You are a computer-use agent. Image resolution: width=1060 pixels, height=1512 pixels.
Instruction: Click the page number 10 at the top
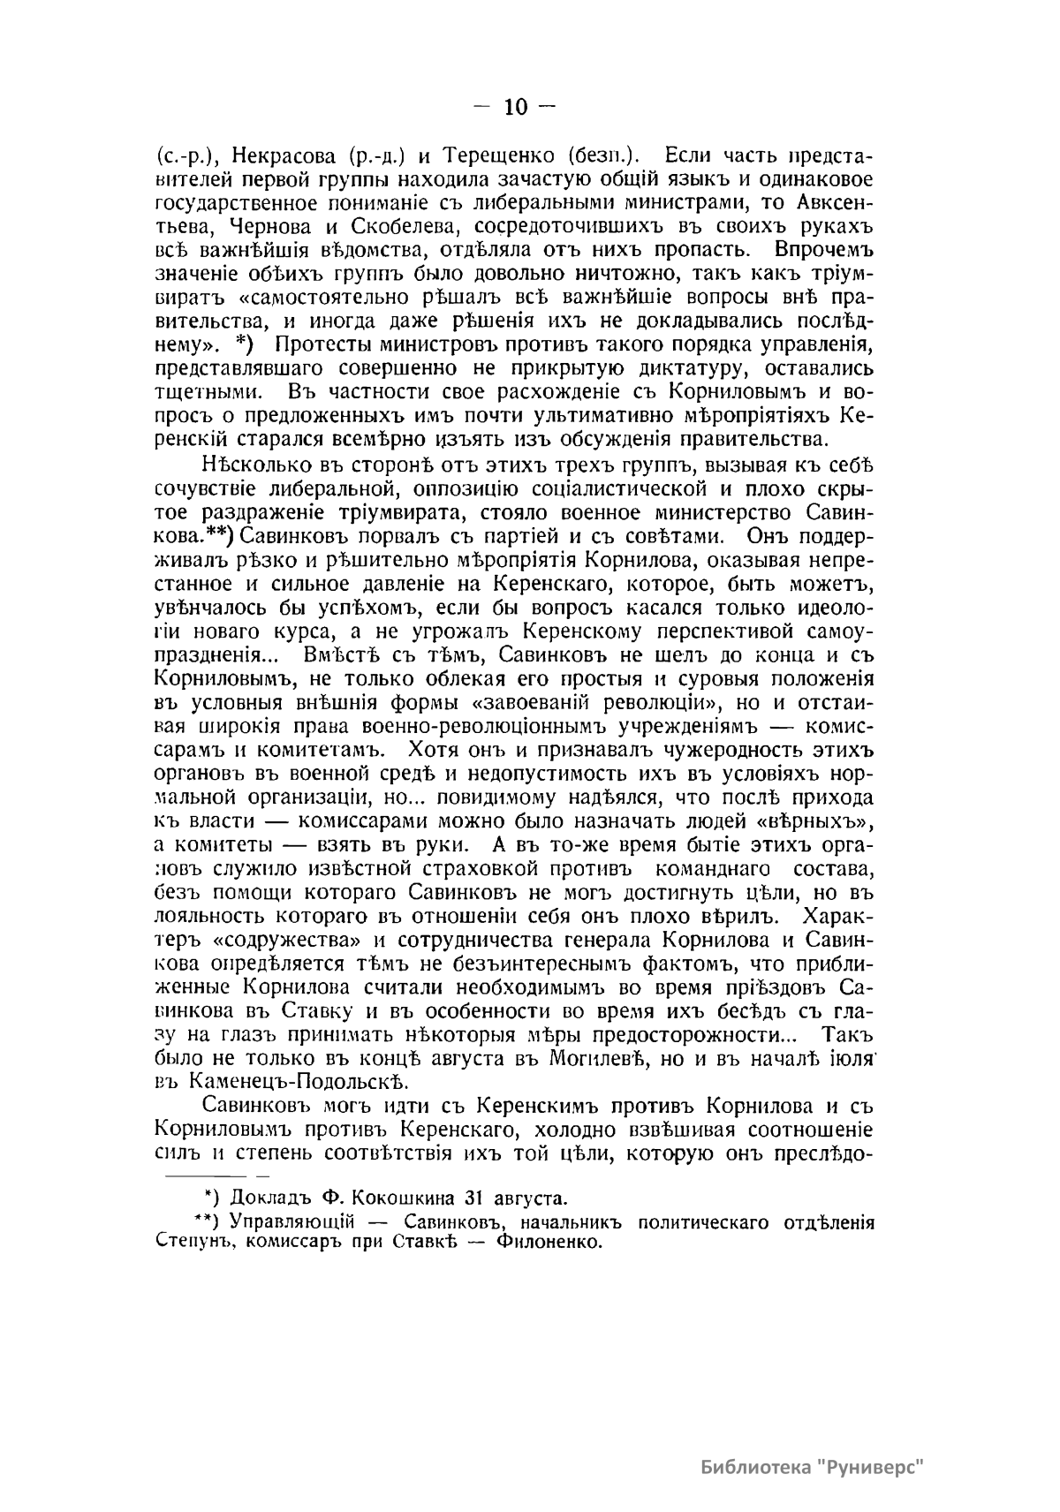[x=516, y=108]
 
